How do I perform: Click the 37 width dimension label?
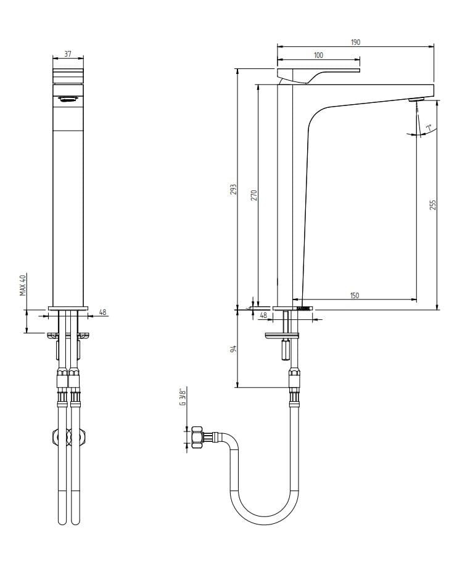(x=68, y=54)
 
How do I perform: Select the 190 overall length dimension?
(x=356, y=42)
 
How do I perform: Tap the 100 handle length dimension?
(x=318, y=55)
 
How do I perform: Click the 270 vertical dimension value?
(x=253, y=195)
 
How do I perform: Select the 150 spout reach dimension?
(x=355, y=296)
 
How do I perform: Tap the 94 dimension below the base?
(x=233, y=349)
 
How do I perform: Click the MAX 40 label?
(x=22, y=285)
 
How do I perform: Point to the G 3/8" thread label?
(x=183, y=398)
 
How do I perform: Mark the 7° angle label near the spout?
(x=426, y=128)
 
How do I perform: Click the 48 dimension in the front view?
(x=102, y=312)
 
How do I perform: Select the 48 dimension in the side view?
(x=263, y=316)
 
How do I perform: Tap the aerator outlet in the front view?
(x=67, y=99)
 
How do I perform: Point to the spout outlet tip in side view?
(x=417, y=99)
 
